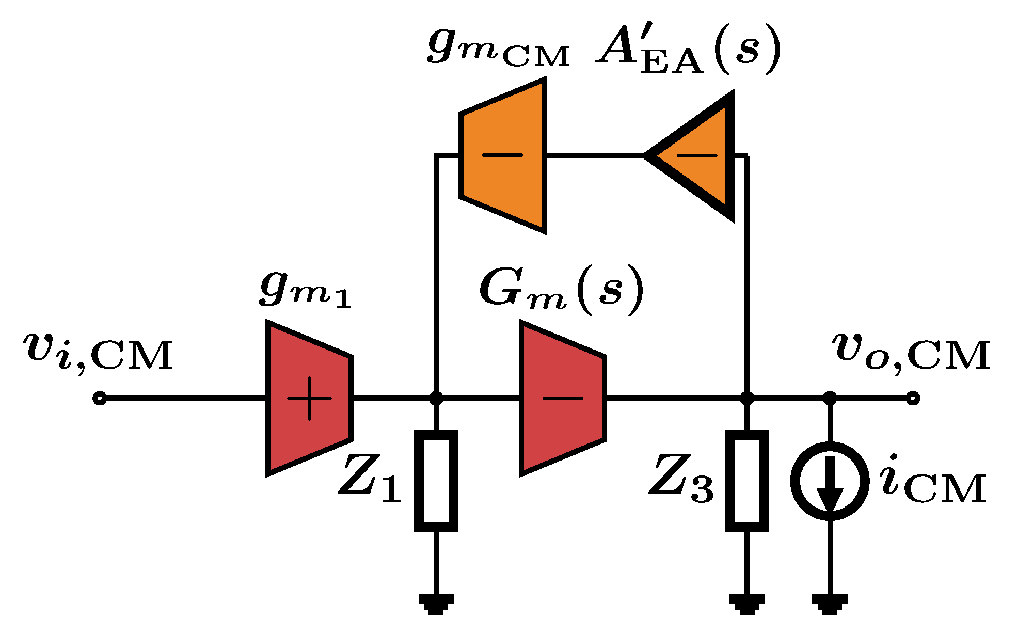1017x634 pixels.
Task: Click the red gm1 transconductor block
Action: click(309, 398)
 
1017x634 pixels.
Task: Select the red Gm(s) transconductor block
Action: click(562, 398)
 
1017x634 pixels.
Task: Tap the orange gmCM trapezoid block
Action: click(502, 155)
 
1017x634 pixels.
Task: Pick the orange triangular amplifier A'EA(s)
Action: click(697, 155)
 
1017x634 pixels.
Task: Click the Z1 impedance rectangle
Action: click(436, 481)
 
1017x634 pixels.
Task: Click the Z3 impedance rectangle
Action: click(746, 481)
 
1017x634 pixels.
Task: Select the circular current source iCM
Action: click(829, 481)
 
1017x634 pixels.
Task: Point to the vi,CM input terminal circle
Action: click(100, 399)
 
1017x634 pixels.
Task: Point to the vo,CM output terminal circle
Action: click(913, 399)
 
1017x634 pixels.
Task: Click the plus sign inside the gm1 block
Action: click(309, 398)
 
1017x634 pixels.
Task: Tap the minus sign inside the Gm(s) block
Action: click(562, 398)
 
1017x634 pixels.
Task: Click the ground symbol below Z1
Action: click(436, 604)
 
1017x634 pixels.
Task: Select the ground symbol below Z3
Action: click(746, 604)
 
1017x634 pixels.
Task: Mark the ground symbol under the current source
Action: click(829, 604)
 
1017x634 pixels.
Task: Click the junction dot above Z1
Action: click(436, 398)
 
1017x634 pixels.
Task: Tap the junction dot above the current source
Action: click(829, 398)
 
